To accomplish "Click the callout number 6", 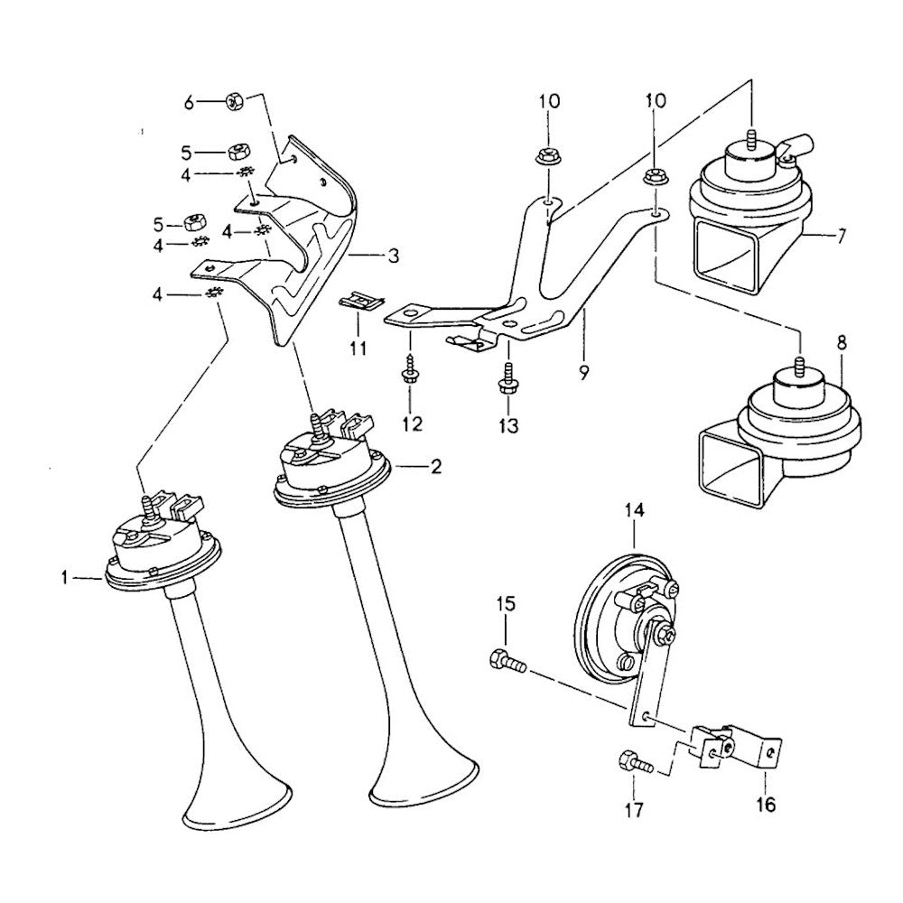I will click(189, 103).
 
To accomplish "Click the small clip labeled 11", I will click(358, 302).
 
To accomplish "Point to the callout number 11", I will click(358, 348).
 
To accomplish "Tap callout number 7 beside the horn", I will click(841, 237).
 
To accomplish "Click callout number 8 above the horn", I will click(841, 343).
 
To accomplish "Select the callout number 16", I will click(766, 805).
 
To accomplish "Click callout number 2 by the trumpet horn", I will click(435, 467).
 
